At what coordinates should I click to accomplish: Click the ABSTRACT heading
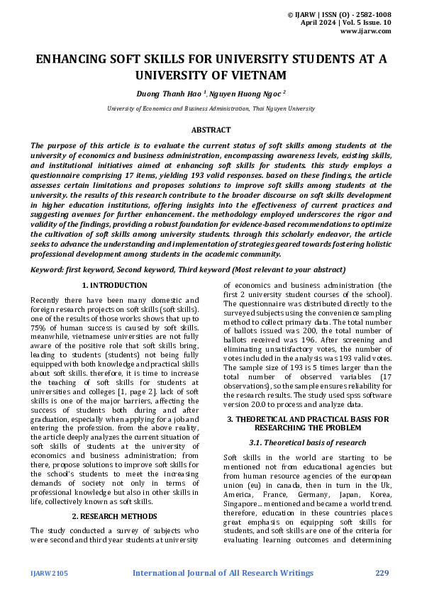(x=211, y=130)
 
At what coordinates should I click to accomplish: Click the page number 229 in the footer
(x=383, y=571)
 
